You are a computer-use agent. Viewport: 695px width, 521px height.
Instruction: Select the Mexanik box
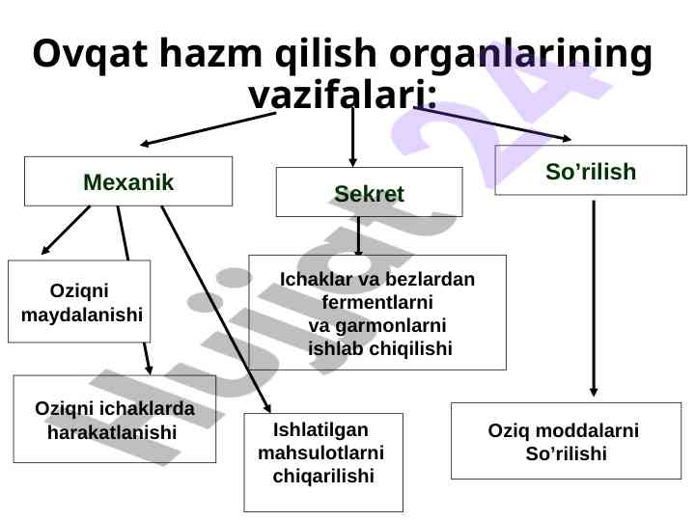point(128,181)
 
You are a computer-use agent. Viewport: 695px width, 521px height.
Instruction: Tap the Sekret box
point(369,193)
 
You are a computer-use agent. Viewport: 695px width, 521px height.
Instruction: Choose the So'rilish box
point(591,171)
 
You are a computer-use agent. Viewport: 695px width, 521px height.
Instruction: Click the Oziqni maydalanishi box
point(79,302)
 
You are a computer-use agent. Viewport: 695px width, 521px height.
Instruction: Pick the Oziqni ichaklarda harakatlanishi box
point(114,420)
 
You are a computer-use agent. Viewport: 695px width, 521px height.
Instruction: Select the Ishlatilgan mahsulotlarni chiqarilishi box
point(323,463)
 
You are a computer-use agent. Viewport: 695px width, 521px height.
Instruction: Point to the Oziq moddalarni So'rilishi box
point(566,441)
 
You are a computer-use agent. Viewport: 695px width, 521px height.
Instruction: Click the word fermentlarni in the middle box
point(376,303)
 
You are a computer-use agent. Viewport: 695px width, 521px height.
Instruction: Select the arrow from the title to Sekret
point(353,135)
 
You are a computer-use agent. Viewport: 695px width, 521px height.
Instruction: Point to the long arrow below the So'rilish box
point(595,294)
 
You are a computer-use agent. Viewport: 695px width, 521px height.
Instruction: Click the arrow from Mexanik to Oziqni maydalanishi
point(66,232)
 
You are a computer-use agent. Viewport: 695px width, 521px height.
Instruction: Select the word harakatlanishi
point(112,432)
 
